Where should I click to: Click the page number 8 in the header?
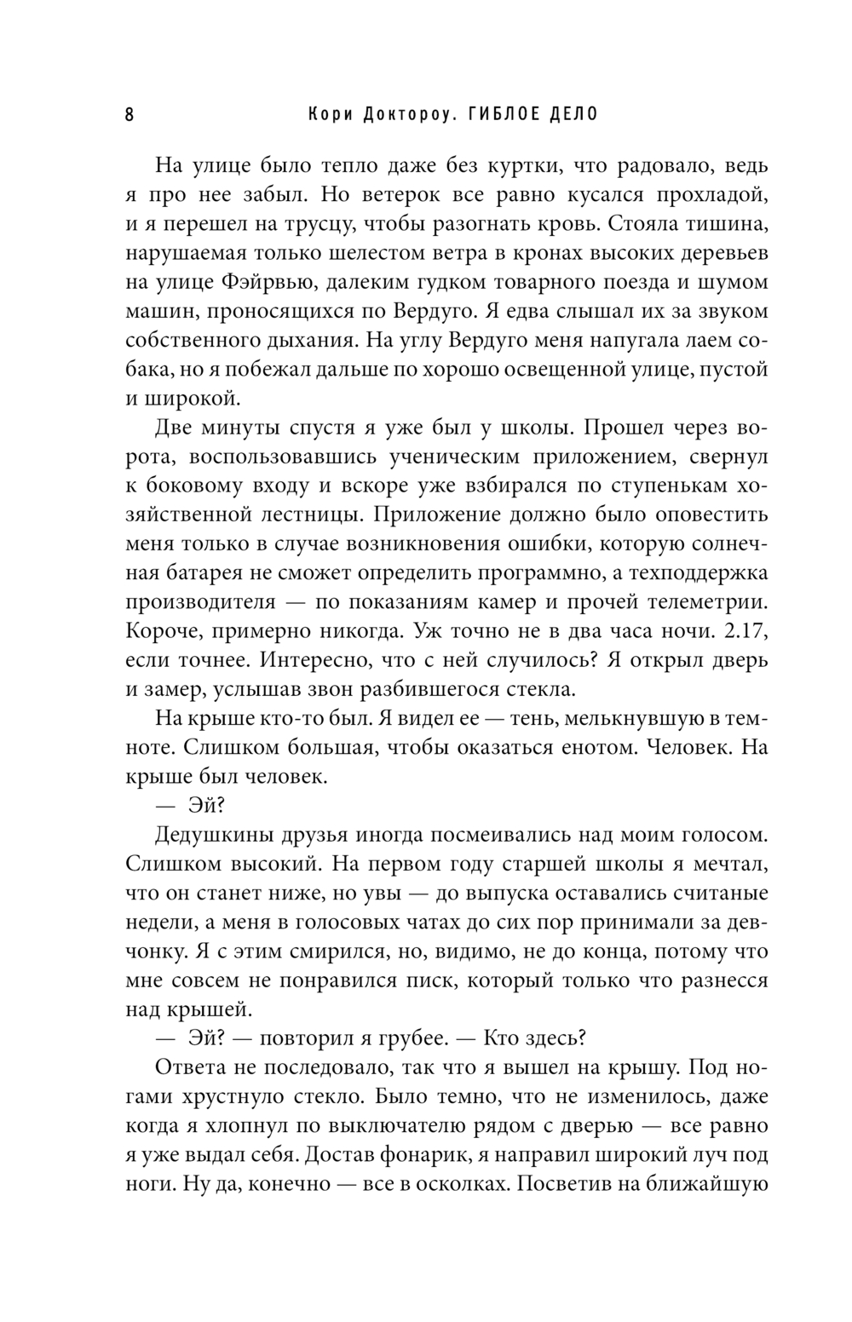point(130,116)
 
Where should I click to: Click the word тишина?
point(724,224)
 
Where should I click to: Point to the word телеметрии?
point(694,603)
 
